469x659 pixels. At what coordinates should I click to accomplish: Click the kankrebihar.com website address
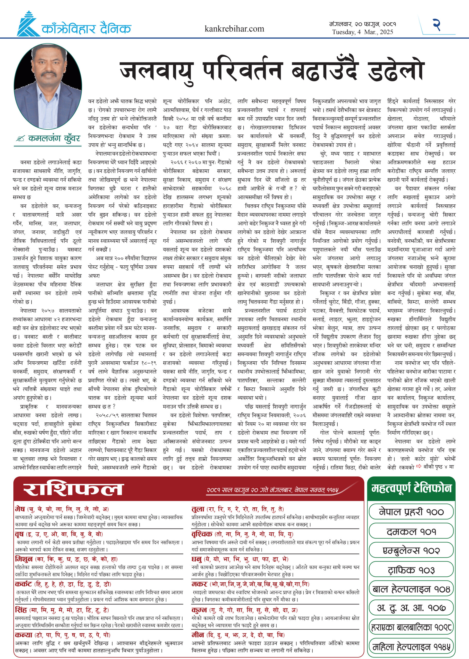point(234,29)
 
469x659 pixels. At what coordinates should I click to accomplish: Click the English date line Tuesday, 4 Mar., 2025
point(362,32)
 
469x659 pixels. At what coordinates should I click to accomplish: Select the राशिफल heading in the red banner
point(73,489)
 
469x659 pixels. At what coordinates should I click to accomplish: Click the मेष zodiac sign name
point(20,509)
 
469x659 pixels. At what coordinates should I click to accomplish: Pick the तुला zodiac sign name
point(198,509)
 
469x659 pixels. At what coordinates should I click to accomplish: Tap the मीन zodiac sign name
point(198,635)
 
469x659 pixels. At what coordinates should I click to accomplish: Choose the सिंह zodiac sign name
point(21,610)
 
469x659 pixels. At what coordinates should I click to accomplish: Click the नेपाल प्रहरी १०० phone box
point(411,512)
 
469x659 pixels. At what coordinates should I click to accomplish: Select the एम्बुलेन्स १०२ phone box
point(411,550)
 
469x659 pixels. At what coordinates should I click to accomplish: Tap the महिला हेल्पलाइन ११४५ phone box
point(411,647)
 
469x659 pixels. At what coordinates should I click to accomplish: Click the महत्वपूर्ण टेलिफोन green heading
point(411,488)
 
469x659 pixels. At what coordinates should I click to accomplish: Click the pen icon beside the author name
point(20,139)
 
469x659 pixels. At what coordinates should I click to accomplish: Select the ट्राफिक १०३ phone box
point(411,570)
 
